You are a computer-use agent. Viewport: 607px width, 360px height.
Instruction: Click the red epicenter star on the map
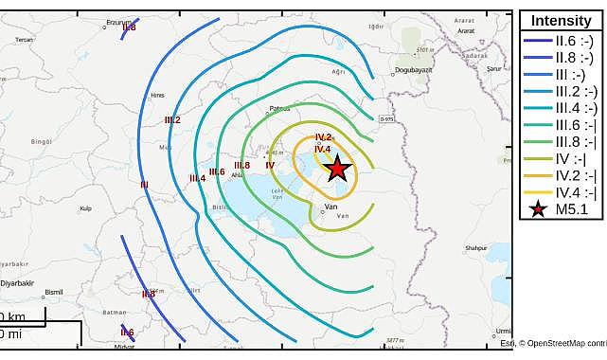coord(337,169)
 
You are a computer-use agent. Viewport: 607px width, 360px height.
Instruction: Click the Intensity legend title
coord(562,21)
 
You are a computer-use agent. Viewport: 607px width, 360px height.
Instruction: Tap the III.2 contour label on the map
coord(172,119)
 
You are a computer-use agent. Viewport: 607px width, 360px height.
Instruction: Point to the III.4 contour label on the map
coord(198,177)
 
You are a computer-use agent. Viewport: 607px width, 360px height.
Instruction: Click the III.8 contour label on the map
coord(242,165)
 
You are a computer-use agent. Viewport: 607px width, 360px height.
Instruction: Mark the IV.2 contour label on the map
coord(323,137)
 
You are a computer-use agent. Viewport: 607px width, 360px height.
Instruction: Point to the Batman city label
coord(114,311)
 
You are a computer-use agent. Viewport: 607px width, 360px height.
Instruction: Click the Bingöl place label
coord(41,140)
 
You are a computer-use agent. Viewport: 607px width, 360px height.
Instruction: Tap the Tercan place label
coord(24,39)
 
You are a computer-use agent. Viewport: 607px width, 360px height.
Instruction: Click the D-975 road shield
coord(385,118)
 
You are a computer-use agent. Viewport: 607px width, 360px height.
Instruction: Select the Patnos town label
coord(280,108)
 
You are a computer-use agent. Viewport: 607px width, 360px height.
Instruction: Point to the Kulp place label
coord(85,207)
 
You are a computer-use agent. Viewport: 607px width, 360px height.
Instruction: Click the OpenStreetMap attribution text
coord(563,343)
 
